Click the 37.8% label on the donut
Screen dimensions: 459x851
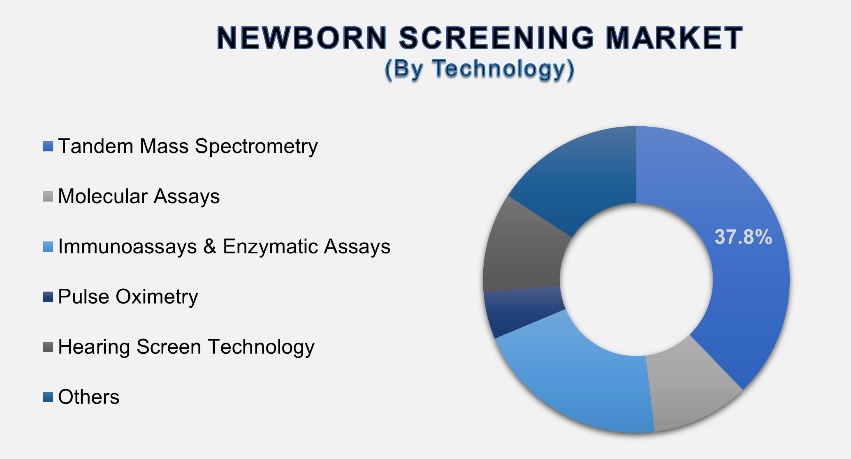743,237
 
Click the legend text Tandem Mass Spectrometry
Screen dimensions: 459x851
188,146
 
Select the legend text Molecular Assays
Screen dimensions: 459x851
139,196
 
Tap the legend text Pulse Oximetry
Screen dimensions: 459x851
128,297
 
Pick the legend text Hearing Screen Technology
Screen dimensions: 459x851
186,347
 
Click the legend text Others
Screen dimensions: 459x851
89,397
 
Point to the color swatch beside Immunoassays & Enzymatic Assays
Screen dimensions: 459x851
48,247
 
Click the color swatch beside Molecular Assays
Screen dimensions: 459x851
48,197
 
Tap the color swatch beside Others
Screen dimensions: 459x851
48,397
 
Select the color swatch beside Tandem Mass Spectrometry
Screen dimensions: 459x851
48,146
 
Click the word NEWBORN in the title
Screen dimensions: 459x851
302,38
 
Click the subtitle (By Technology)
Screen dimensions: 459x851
479,68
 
